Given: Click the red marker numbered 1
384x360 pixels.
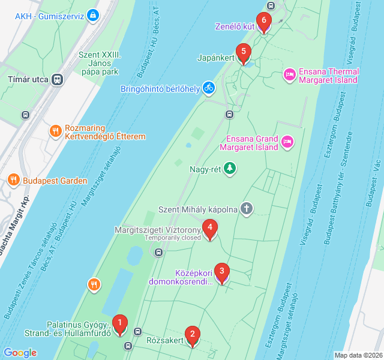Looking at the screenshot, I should tap(120, 325).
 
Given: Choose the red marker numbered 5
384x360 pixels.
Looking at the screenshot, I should tap(242, 53).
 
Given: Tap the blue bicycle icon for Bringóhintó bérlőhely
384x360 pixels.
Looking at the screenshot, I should tap(208, 88).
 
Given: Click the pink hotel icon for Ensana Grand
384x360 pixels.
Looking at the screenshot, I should tap(287, 141).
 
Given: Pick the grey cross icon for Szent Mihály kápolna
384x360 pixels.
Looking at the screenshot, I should tap(246, 209).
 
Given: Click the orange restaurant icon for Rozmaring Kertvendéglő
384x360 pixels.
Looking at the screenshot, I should tap(55, 131).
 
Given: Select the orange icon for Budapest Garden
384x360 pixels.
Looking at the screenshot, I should tap(13, 180).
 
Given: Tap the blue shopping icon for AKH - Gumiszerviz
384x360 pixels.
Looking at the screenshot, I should tap(92, 15).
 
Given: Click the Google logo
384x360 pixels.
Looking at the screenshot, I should tap(20, 353).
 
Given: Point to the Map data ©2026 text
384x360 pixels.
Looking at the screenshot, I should tap(358, 355).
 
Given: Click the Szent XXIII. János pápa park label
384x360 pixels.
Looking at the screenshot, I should tap(99, 63).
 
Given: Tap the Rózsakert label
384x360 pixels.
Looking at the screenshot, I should tap(164, 341).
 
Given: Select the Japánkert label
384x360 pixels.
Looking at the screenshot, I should tap(215, 58).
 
